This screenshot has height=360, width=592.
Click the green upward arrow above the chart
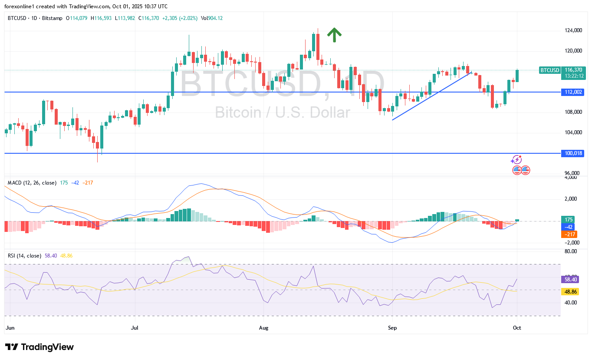coord(334,35)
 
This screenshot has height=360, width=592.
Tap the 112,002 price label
coord(573,92)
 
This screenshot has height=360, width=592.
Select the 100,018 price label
coord(573,153)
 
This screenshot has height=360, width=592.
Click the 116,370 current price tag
coord(573,69)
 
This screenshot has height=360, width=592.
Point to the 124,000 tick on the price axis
coord(573,30)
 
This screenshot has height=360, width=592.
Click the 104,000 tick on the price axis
coord(573,132)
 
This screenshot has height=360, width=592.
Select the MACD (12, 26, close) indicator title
coord(32,183)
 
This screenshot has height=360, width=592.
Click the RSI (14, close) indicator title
coord(24,256)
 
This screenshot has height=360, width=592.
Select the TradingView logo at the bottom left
coord(39,347)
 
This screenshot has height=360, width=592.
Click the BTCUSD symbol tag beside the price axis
coord(549,70)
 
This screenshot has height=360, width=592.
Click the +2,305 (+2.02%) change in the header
coord(180,18)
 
